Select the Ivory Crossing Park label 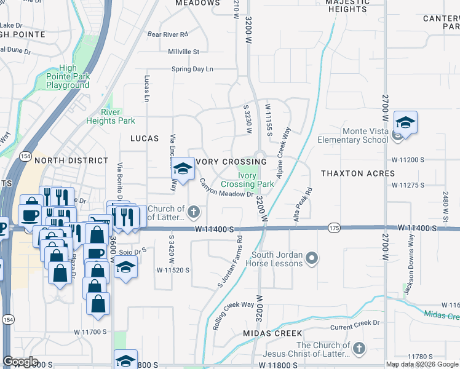click(x=247, y=180)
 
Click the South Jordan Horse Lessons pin click(x=313, y=258)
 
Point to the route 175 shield click(x=333, y=228)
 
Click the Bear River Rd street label click(x=167, y=34)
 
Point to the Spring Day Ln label click(x=192, y=69)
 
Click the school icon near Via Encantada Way click(x=183, y=169)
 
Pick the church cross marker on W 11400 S click(x=194, y=213)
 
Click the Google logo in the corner click(x=20, y=362)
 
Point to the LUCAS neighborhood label click(x=144, y=139)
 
